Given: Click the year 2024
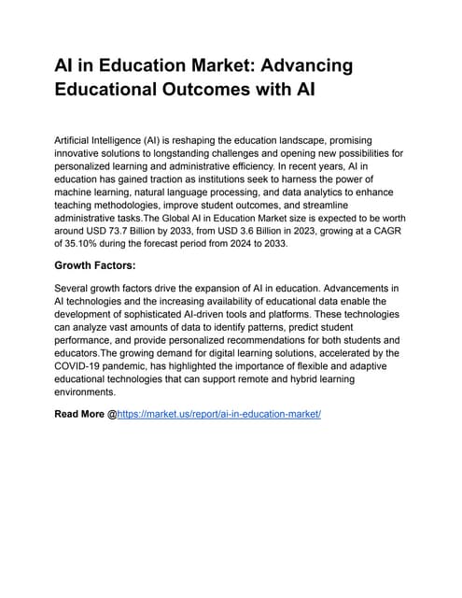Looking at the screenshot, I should tap(264, 242).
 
